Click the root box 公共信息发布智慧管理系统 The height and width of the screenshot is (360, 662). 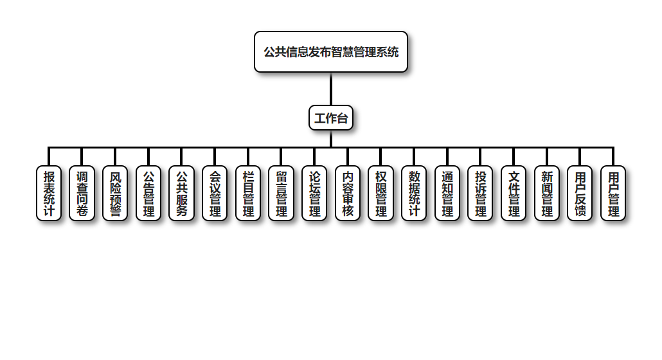[x=331, y=52]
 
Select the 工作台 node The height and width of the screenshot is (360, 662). [x=331, y=118]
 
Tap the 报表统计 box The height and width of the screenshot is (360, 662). [x=49, y=193]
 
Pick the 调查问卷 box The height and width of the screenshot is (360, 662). [x=82, y=193]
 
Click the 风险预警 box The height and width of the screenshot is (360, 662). [x=115, y=193]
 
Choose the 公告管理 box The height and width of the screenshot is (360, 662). [x=148, y=193]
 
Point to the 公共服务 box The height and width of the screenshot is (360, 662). [x=181, y=193]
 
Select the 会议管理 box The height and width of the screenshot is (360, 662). [x=215, y=193]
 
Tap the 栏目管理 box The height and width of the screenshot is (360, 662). [x=248, y=193]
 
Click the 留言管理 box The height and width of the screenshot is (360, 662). [x=281, y=193]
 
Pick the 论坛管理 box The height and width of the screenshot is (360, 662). [x=314, y=193]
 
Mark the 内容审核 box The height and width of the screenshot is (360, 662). [x=348, y=193]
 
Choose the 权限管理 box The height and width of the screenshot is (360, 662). [x=380, y=193]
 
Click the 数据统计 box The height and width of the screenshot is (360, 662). [x=414, y=193]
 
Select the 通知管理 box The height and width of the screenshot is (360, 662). [x=447, y=193]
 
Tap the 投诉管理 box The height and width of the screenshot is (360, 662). [x=480, y=193]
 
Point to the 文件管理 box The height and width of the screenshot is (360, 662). [x=514, y=193]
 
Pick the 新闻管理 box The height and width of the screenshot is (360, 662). [x=547, y=193]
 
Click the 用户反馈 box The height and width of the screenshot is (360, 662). [x=580, y=193]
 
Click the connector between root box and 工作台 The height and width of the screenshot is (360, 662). [x=331, y=89]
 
